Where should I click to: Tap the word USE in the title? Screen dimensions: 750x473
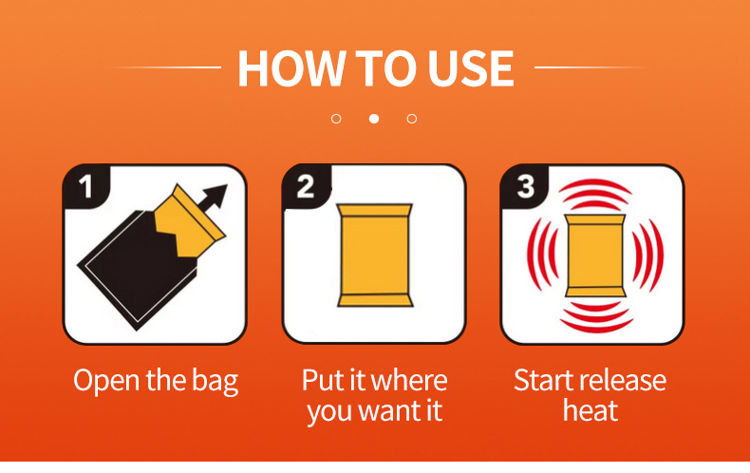(471, 68)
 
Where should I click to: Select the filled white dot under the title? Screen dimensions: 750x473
(374, 118)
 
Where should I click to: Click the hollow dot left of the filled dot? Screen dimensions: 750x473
(336, 118)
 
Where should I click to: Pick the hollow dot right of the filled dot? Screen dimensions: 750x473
(412, 118)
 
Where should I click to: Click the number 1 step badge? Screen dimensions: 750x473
(86, 187)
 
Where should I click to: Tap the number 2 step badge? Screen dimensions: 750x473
(306, 187)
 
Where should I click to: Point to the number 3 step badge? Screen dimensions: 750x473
(525, 187)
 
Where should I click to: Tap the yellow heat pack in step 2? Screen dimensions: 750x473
(374, 255)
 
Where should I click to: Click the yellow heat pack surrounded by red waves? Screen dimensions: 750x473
(594, 255)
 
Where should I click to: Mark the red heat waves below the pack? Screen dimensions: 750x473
(595, 317)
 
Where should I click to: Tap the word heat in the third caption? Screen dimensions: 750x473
(591, 410)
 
